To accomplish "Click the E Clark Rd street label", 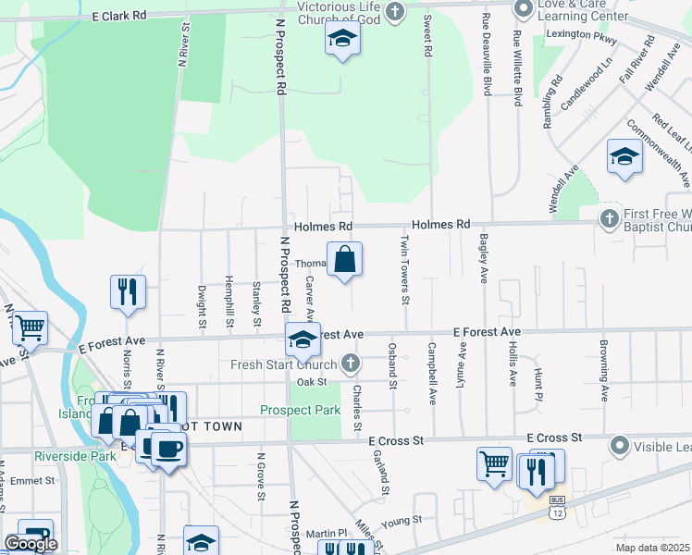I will click(119, 16).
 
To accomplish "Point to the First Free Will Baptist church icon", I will click(609, 219).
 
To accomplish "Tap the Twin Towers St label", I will click(404, 269).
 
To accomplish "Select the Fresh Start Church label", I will click(284, 364).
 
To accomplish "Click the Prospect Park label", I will click(300, 410).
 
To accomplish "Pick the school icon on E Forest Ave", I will click(303, 339).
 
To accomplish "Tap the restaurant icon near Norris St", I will click(128, 291).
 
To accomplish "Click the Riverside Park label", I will click(76, 455).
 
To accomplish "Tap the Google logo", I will click(31, 544).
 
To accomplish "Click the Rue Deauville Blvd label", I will click(487, 55).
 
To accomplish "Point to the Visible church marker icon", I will click(619, 446).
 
